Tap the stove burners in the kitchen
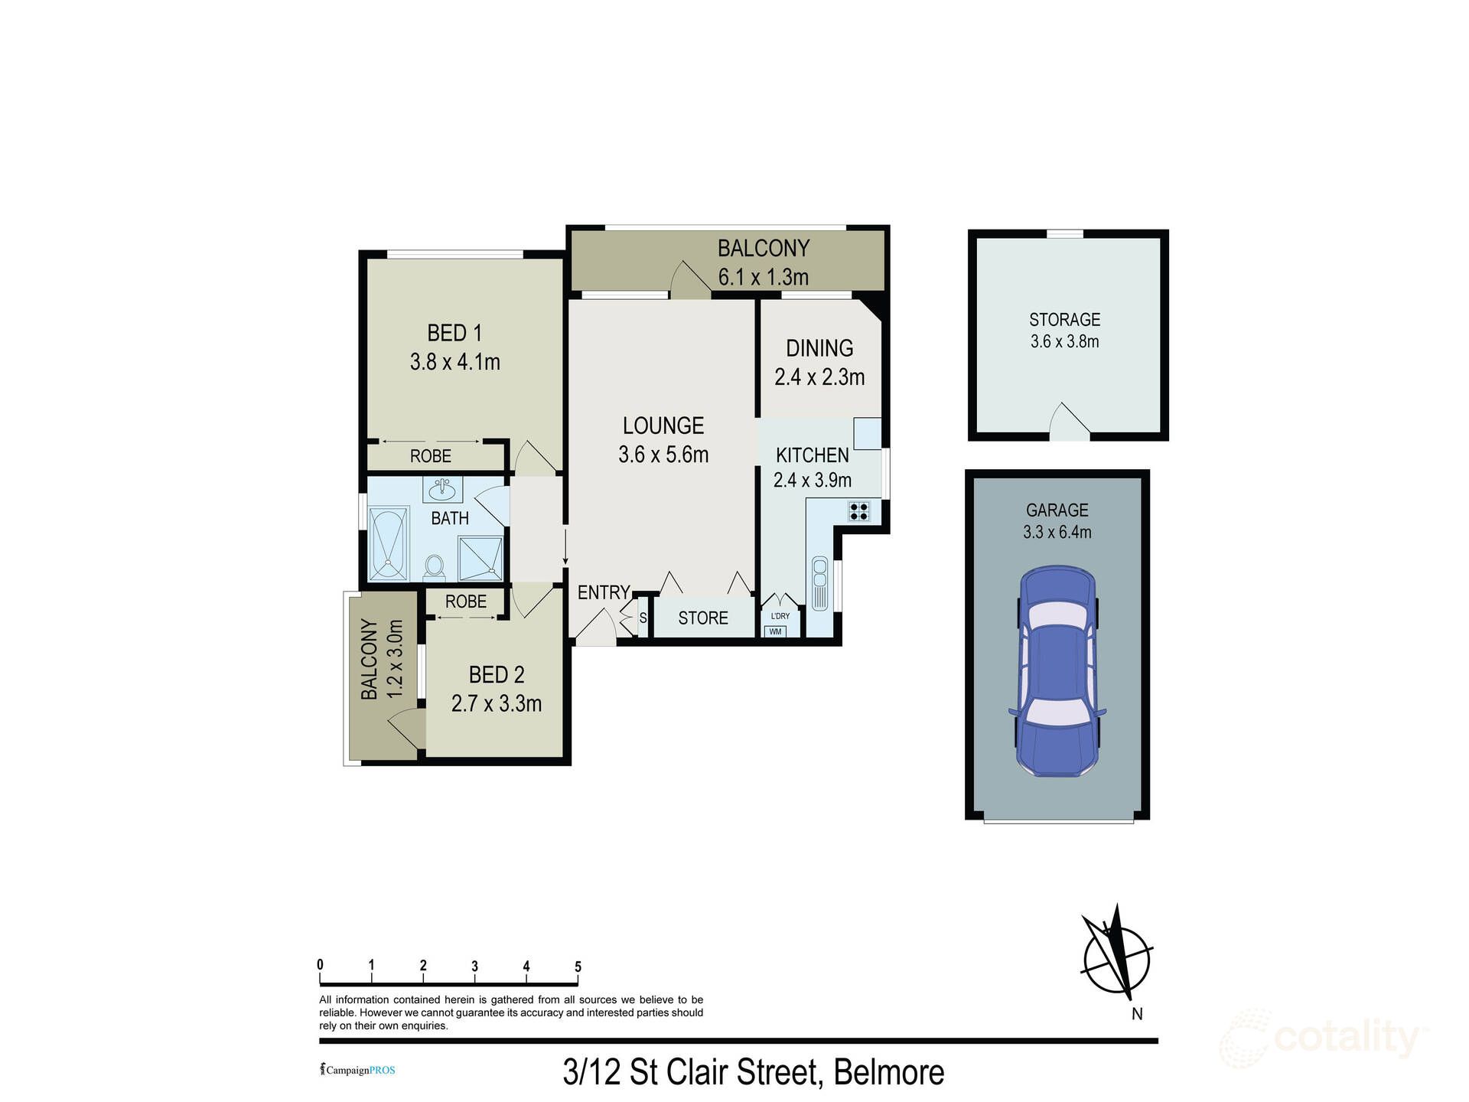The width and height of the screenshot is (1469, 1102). point(858,511)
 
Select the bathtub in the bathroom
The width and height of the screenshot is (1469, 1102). point(389,544)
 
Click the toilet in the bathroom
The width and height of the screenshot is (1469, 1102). point(434,567)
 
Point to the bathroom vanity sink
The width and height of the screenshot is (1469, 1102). point(442,487)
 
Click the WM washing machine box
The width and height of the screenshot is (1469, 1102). point(775,631)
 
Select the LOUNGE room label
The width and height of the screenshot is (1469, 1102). point(663,425)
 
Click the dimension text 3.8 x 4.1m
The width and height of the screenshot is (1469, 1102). point(454,362)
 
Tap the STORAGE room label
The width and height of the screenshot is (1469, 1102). point(1064,319)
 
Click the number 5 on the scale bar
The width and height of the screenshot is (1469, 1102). point(578,967)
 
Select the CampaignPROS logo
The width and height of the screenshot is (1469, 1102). point(357,1070)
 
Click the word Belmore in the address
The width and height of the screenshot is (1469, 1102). point(888,1072)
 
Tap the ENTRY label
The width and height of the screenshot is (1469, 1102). point(603,592)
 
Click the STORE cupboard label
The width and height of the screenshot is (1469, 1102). point(702,618)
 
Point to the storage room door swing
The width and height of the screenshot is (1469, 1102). point(1068,422)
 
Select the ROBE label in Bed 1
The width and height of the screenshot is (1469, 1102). point(430,456)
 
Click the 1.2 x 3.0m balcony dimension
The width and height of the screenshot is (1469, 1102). point(395,659)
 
